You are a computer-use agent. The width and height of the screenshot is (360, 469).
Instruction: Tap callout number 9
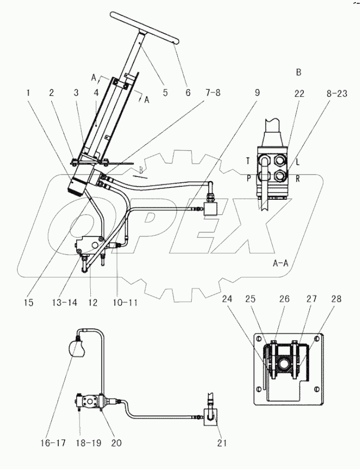(x=257, y=92)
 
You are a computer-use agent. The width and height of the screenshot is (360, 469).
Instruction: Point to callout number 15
(x=29, y=302)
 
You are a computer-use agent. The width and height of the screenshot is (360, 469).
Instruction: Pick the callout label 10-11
(x=125, y=302)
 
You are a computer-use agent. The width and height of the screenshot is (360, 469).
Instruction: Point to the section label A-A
(x=281, y=263)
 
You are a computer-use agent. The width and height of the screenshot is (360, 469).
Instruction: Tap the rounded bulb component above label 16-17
(x=75, y=349)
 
